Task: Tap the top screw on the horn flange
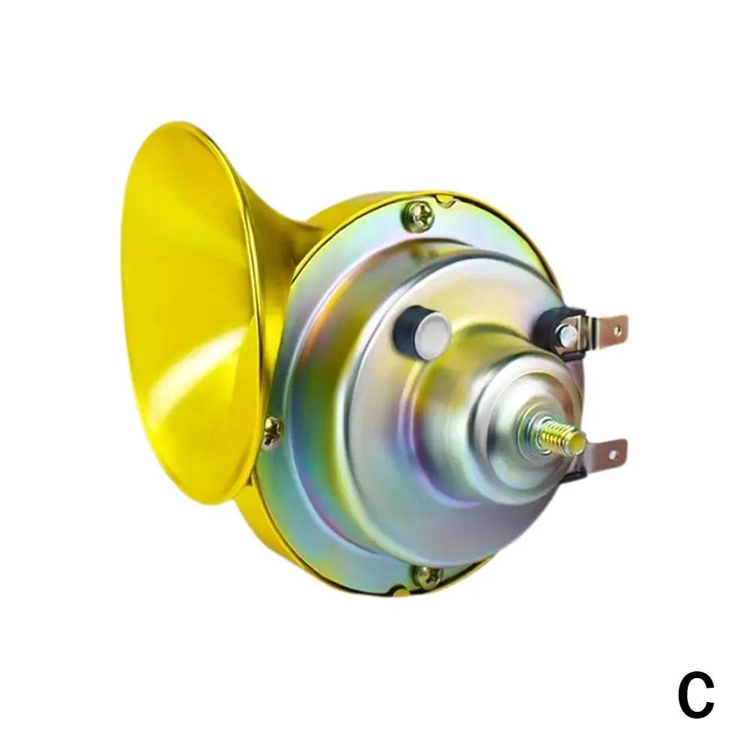418,217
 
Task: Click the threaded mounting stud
556,436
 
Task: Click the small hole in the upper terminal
617,330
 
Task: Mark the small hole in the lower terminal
614,451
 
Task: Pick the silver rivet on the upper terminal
568,333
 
